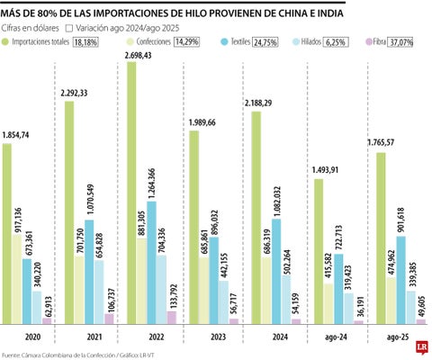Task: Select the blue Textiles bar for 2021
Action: (89, 270)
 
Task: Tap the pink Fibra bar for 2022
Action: (171, 317)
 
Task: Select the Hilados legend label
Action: (313, 42)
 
